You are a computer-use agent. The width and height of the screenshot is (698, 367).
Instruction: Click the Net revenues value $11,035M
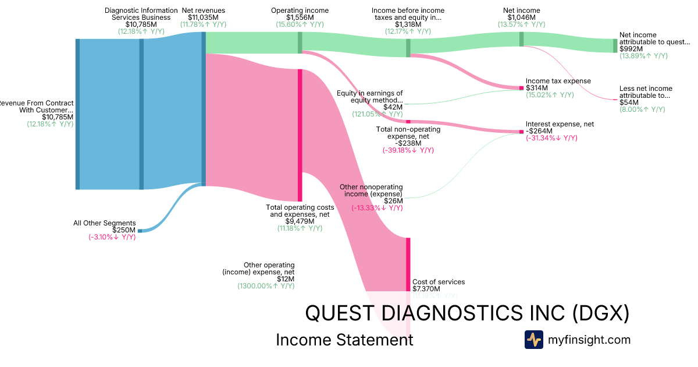tap(203, 17)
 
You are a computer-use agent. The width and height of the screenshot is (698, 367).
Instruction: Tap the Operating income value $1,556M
tap(300, 17)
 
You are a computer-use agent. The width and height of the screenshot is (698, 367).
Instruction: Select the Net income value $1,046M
tap(521, 17)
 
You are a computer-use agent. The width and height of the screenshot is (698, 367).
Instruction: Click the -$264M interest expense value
tap(540, 131)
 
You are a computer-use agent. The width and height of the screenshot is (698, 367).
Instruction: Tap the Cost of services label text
tap(439, 282)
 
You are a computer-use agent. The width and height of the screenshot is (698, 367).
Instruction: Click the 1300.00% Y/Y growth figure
tap(265, 286)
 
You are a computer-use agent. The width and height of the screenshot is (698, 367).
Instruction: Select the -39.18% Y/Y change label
tap(408, 150)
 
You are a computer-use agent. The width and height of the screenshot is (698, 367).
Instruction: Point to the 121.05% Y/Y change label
tap(377, 114)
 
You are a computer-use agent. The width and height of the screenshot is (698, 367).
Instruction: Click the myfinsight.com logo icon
tap(534, 340)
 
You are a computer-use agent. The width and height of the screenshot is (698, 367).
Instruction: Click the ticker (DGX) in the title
tap(600, 313)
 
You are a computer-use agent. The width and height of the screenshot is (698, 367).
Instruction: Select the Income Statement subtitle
tap(344, 340)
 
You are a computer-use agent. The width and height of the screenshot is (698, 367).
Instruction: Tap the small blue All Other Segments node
tap(140, 231)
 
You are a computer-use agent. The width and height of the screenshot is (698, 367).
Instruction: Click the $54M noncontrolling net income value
tap(628, 103)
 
